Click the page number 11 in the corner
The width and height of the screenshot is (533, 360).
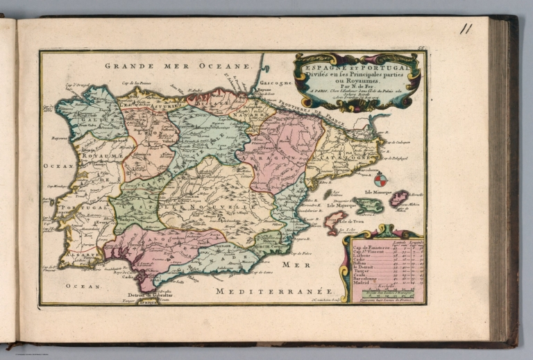point(466,29)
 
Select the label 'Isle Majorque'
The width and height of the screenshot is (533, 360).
point(344,205)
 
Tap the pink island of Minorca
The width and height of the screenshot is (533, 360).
point(399,200)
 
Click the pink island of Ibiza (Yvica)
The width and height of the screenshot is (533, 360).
point(333,222)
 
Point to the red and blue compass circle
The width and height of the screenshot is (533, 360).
point(382,180)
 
